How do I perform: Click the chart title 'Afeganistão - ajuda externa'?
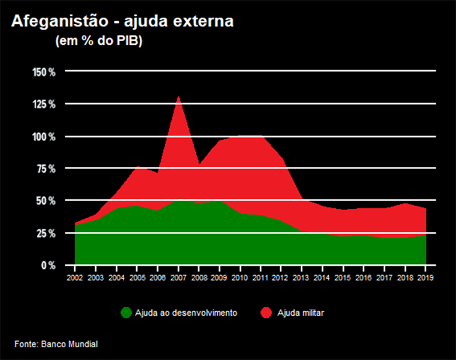coord(123,21)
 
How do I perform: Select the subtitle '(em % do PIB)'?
coord(99,42)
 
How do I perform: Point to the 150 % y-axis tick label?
coord(44,71)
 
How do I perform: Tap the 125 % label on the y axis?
coord(44,104)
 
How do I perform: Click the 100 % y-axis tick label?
coord(44,137)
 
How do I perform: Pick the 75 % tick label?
coord(46,168)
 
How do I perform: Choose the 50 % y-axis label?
coord(46,201)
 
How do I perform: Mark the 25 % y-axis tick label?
coord(46,233)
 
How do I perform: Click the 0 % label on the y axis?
coord(48,265)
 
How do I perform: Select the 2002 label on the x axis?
coord(75,278)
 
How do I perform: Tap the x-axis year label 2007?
coord(178,278)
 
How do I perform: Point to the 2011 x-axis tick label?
coord(260,278)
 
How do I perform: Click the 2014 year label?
coord(322,278)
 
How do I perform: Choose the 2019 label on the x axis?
coord(426,278)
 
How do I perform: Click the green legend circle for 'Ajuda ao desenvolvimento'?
coord(125,313)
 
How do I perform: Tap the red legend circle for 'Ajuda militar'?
coord(266,313)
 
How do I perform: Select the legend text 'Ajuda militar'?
coord(301,313)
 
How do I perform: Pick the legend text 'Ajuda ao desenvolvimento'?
coord(186,313)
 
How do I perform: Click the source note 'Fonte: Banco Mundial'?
coord(56,344)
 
